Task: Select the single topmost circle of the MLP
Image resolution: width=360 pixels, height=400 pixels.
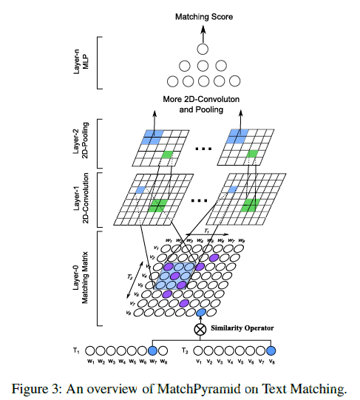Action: pyautogui.click(x=200, y=48)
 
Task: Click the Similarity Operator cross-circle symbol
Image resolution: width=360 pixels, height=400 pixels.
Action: pyautogui.click(x=200, y=329)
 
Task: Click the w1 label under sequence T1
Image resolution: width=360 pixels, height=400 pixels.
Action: pyautogui.click(x=91, y=362)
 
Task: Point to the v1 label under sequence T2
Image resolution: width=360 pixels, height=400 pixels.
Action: pyautogui.click(x=199, y=362)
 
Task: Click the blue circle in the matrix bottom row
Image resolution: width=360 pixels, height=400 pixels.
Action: pyautogui.click(x=200, y=313)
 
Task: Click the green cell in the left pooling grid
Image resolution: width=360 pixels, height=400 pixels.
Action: pyautogui.click(x=168, y=154)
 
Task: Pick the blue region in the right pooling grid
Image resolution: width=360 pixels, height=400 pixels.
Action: pyautogui.click(x=237, y=136)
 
